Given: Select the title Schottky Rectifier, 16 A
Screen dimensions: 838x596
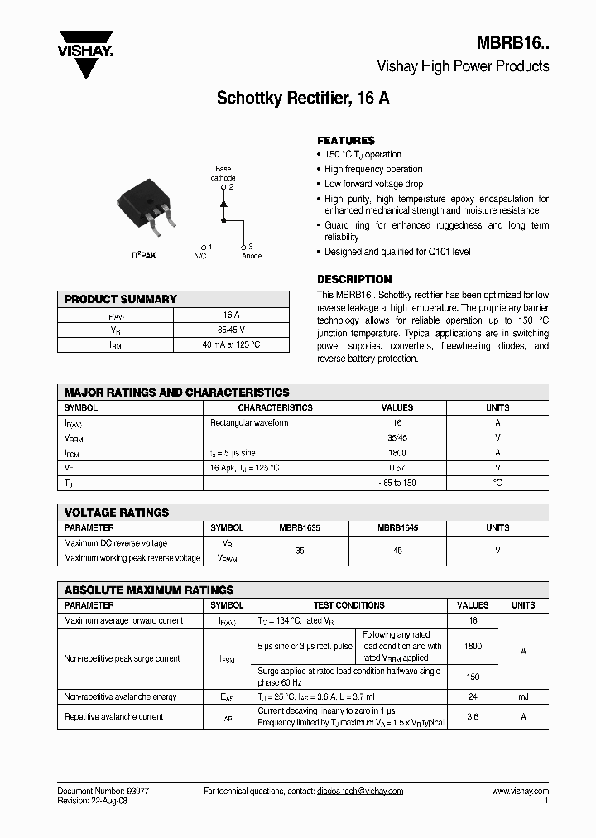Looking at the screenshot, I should click(x=303, y=98).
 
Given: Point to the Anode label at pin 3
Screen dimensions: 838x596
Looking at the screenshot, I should click(x=251, y=256).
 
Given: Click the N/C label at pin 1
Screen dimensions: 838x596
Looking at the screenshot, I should click(x=200, y=256).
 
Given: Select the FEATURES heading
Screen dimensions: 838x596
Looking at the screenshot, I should click(x=346, y=141).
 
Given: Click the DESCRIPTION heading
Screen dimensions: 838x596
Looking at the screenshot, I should click(x=354, y=279).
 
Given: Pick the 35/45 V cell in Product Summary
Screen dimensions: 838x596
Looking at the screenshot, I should click(x=231, y=330).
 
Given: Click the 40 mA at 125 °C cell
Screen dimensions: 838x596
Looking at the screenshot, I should click(x=231, y=344).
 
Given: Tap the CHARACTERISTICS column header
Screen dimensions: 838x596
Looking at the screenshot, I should click(x=275, y=407).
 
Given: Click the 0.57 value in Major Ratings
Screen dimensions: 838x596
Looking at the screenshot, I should click(x=397, y=468).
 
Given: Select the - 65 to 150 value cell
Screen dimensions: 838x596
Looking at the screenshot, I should click(x=397, y=483).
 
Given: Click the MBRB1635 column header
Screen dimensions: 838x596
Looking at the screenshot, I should click(x=299, y=527).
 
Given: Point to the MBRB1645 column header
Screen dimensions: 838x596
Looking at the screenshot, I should click(x=398, y=527).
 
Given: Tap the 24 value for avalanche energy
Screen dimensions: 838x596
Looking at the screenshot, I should click(x=473, y=697).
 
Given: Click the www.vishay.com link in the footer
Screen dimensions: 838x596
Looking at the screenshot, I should click(x=520, y=791).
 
